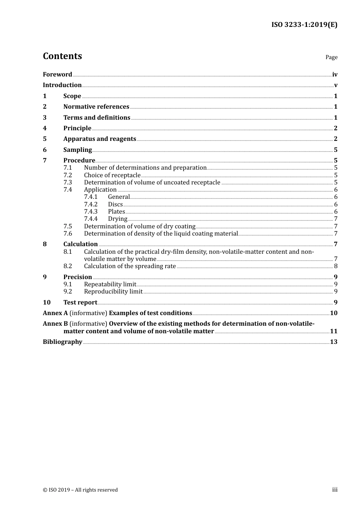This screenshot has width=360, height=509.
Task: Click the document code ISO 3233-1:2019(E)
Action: pyautogui.click(x=304, y=25)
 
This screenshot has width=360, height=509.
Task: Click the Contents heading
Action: pyautogui.click(x=62, y=56)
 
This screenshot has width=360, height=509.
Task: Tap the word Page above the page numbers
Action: pyautogui.click(x=331, y=57)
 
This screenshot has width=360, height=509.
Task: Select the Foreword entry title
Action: pyautogui.click(x=57, y=75)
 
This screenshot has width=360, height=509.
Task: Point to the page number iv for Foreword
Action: pyautogui.click(x=335, y=75)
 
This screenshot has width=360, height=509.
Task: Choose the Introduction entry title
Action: pyautogui.click(x=62, y=85)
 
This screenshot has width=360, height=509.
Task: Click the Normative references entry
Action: pyautogui.click(x=96, y=107)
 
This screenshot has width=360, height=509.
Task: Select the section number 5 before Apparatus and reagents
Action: pyautogui.click(x=45, y=139)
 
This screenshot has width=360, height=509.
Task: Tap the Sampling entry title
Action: pyautogui.click(x=77, y=150)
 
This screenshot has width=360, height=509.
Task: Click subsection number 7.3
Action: pyautogui.click(x=67, y=183)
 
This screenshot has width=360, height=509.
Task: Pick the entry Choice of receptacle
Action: pyautogui.click(x=112, y=175)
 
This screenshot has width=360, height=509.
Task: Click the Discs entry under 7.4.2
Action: pyautogui.click(x=115, y=205)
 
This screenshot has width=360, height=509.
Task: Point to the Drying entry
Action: pyautogui.click(x=117, y=219)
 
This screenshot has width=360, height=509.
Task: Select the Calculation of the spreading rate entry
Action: pyautogui.click(x=130, y=266)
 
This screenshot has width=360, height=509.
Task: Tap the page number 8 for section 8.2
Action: pyautogui.click(x=336, y=266)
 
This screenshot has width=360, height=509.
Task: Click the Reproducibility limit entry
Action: pyautogui.click(x=113, y=292)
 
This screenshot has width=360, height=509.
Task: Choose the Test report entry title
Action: pyautogui.click(x=80, y=303)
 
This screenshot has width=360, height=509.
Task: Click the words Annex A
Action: pyautogui.click(x=55, y=313)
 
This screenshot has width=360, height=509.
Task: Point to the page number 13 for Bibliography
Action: pyautogui.click(x=333, y=342)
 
